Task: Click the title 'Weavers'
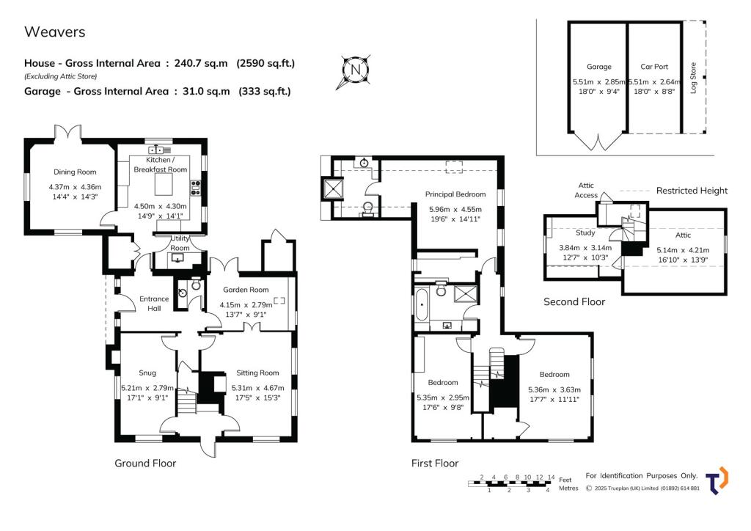[x=55, y=32]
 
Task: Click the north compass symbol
[x=355, y=70]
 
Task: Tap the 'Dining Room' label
[x=71, y=172]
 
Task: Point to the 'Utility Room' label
[x=180, y=243]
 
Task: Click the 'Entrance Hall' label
[x=154, y=304]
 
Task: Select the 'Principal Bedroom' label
[x=455, y=194]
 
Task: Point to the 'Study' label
[x=585, y=233]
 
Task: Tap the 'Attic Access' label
[x=586, y=191]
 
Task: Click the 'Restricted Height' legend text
[x=692, y=191]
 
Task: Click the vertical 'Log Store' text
[x=693, y=78]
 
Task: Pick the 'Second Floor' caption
[x=574, y=301]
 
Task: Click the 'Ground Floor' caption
[x=145, y=464]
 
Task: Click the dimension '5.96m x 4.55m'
[x=455, y=209]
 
